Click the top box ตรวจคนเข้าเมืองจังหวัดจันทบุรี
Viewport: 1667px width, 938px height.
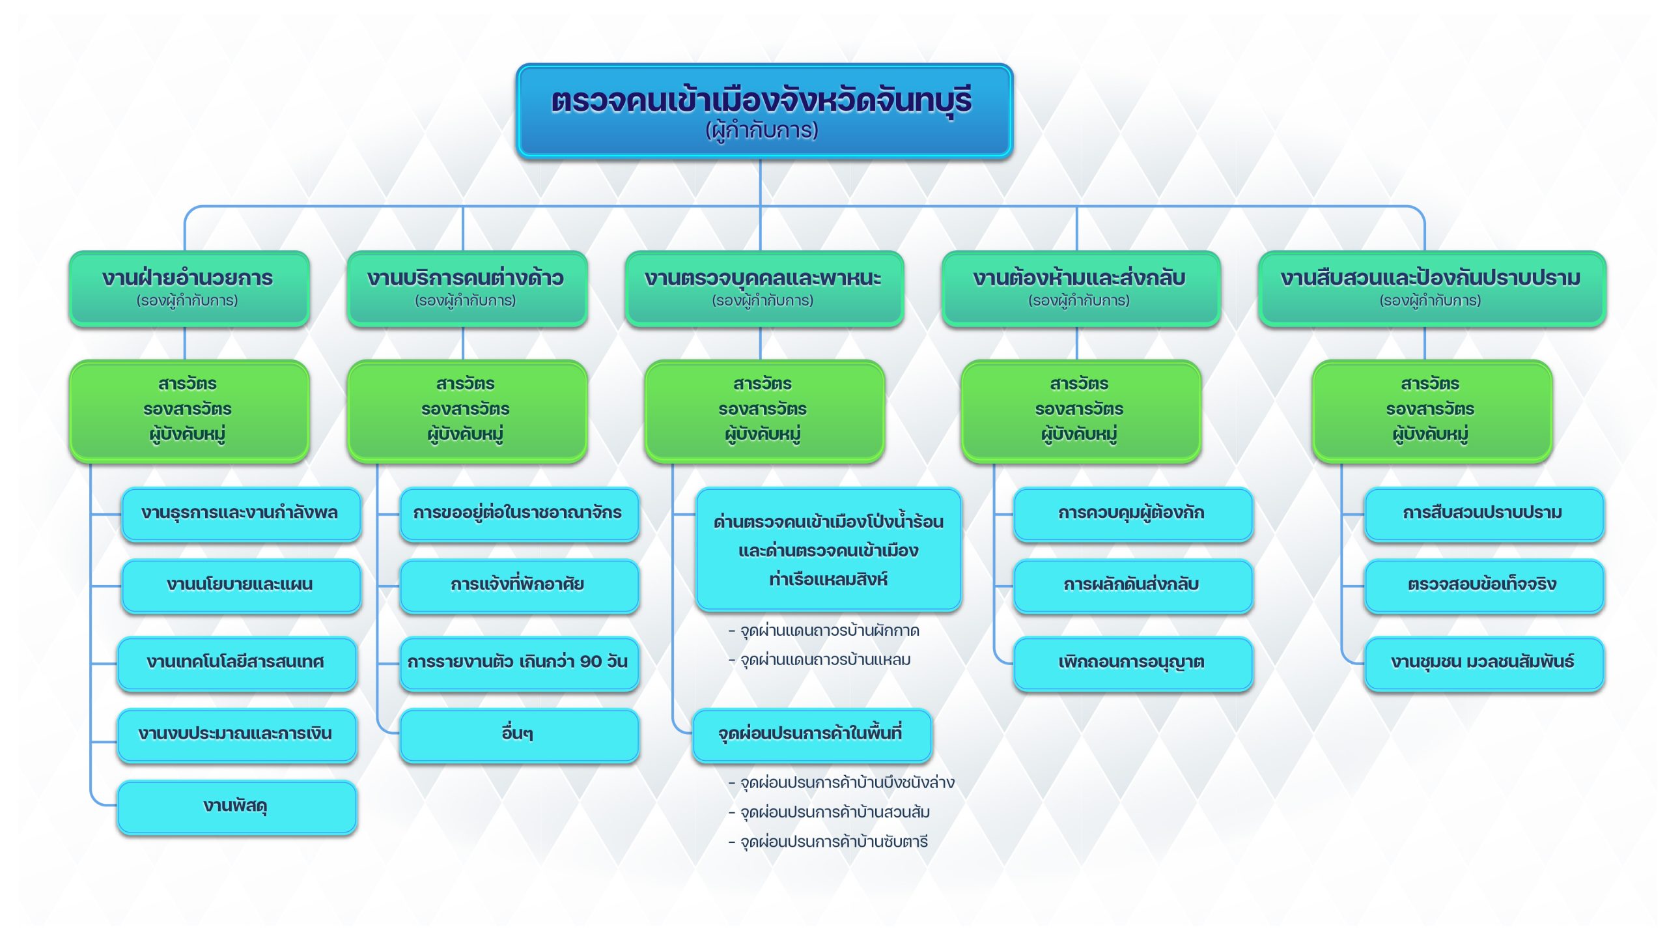pos(763,111)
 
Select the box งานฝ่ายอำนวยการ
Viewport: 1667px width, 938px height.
pos(188,288)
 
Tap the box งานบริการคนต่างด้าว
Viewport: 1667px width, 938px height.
pos(466,288)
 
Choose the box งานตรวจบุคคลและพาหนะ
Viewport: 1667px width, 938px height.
pos(763,288)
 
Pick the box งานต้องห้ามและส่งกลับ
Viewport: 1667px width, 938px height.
pos(1080,288)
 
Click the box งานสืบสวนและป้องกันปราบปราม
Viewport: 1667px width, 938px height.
pos(1431,288)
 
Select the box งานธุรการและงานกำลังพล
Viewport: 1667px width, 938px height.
pos(240,513)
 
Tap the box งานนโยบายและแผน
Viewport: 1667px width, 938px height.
pos(240,585)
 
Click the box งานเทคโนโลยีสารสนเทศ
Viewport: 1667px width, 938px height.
pos(236,662)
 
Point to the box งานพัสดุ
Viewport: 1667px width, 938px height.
pos(236,806)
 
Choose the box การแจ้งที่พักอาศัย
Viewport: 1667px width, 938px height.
pos(518,585)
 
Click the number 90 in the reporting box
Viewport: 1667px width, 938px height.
pos(591,662)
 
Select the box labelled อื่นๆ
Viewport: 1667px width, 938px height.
pos(518,734)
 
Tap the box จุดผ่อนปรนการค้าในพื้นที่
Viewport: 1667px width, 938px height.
pos(811,734)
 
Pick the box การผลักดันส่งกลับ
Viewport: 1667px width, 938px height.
pos(1132,585)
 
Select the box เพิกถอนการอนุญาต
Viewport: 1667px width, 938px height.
pos(1132,662)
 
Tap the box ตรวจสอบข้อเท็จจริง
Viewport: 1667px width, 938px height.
pos(1483,585)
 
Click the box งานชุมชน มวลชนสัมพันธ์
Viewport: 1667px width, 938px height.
pos(1483,662)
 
